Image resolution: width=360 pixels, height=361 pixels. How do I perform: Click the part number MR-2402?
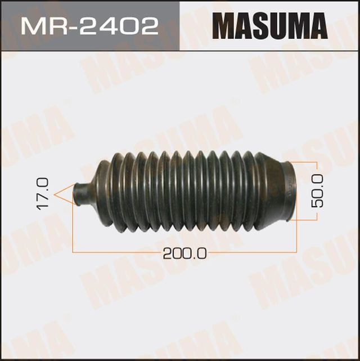pos(91,25)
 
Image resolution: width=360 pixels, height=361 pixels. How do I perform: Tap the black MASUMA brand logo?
pos(270,26)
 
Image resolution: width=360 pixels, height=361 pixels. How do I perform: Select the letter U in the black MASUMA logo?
pos(276,26)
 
